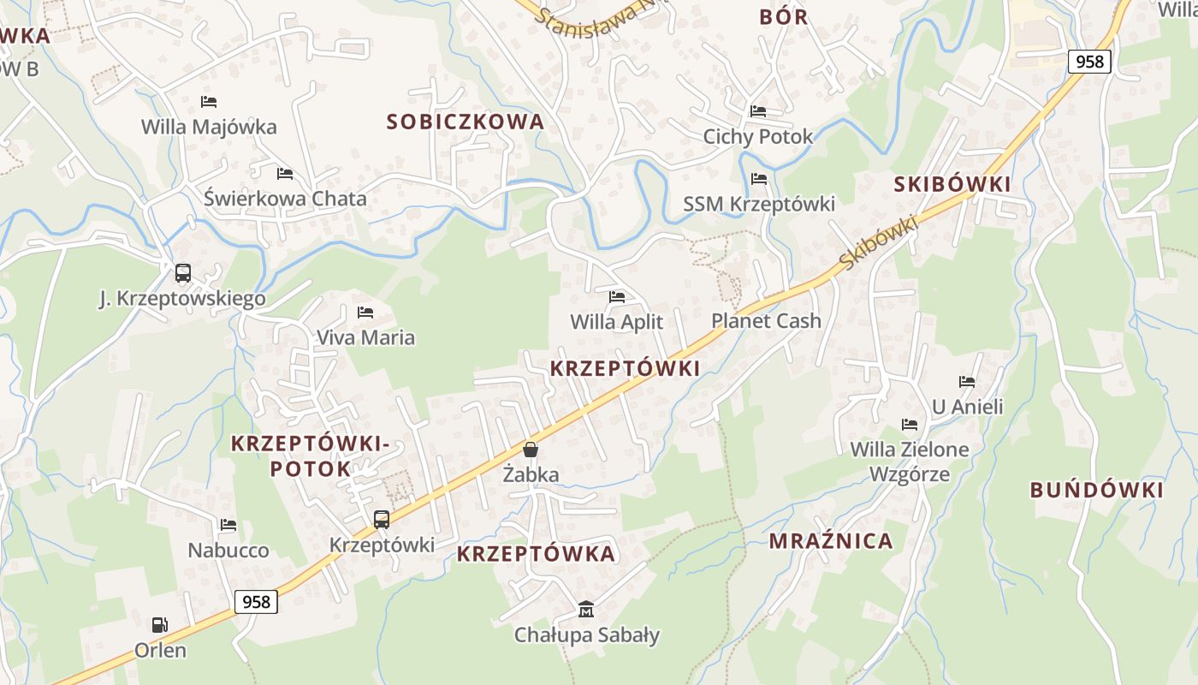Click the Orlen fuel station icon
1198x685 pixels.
pyautogui.click(x=159, y=625)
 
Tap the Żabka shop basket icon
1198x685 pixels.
pyautogui.click(x=531, y=450)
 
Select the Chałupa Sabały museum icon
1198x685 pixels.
pyautogui.click(x=586, y=610)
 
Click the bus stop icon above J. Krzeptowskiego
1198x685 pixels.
pyautogui.click(x=182, y=273)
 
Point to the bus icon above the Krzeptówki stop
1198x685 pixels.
pyautogui.click(x=382, y=520)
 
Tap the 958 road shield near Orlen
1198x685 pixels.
pyautogui.click(x=257, y=602)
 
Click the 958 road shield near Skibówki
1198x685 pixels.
pyautogui.click(x=1089, y=62)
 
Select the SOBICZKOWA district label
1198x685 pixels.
pyautogui.click(x=466, y=122)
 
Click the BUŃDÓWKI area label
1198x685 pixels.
pyautogui.click(x=1096, y=491)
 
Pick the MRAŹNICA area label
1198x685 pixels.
pyautogui.click(x=831, y=541)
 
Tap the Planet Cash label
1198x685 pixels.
pyautogui.click(x=766, y=321)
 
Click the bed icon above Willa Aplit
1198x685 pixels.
pyautogui.click(x=617, y=297)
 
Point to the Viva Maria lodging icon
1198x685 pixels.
pyautogui.click(x=365, y=313)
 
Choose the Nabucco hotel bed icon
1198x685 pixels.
pyautogui.click(x=228, y=525)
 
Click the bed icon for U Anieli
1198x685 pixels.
pyautogui.click(x=967, y=382)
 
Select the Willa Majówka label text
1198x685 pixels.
pyautogui.click(x=209, y=128)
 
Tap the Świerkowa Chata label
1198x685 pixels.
pyautogui.click(x=285, y=199)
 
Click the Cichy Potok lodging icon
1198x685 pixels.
pyautogui.click(x=758, y=111)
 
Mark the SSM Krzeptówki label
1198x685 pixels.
pyautogui.click(x=759, y=205)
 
